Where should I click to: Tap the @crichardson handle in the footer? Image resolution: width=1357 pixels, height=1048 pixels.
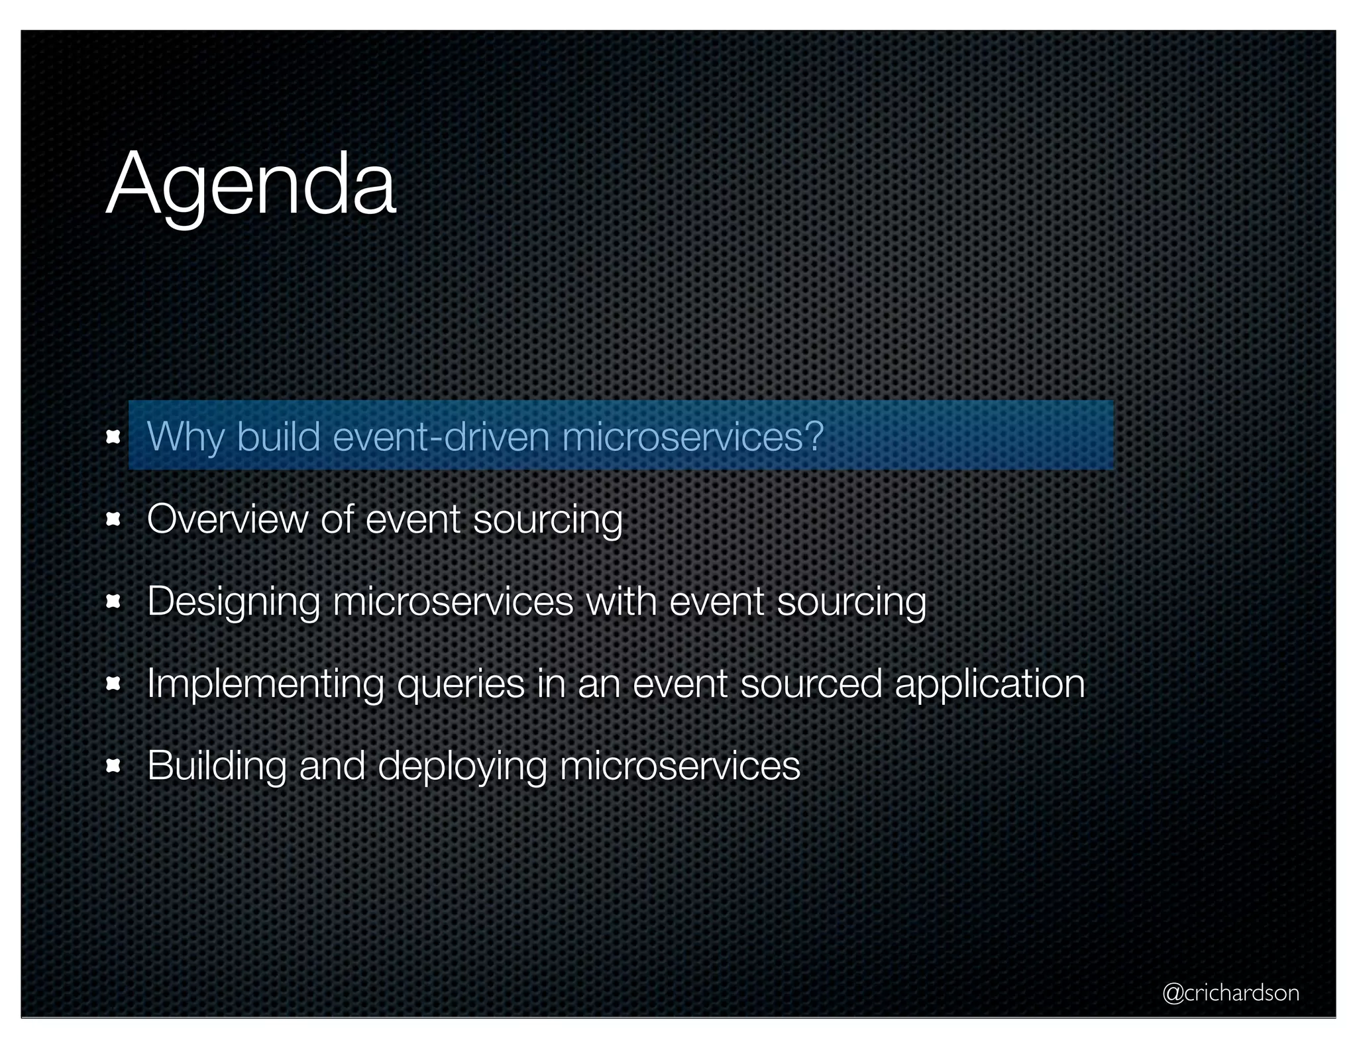[x=1230, y=992]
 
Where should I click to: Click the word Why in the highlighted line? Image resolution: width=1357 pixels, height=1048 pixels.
[x=185, y=437]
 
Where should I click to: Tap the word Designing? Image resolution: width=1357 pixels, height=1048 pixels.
[x=233, y=602]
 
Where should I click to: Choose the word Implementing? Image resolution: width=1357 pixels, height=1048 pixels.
[x=265, y=683]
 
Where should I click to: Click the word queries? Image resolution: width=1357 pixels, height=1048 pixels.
[x=461, y=684]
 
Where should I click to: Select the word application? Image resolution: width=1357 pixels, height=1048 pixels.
[x=990, y=684]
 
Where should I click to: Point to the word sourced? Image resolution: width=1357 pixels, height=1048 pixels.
[x=811, y=683]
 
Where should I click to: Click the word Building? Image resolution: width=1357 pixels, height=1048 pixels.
[x=217, y=766]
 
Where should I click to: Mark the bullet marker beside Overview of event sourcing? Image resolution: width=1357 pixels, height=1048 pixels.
[x=113, y=519]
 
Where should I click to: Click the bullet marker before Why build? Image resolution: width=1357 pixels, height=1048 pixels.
[x=113, y=437]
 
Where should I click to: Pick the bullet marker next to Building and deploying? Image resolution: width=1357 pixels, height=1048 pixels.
[x=113, y=766]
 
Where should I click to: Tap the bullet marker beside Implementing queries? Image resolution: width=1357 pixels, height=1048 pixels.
[x=113, y=684]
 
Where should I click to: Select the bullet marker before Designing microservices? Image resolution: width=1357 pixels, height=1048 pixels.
[x=113, y=602]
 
